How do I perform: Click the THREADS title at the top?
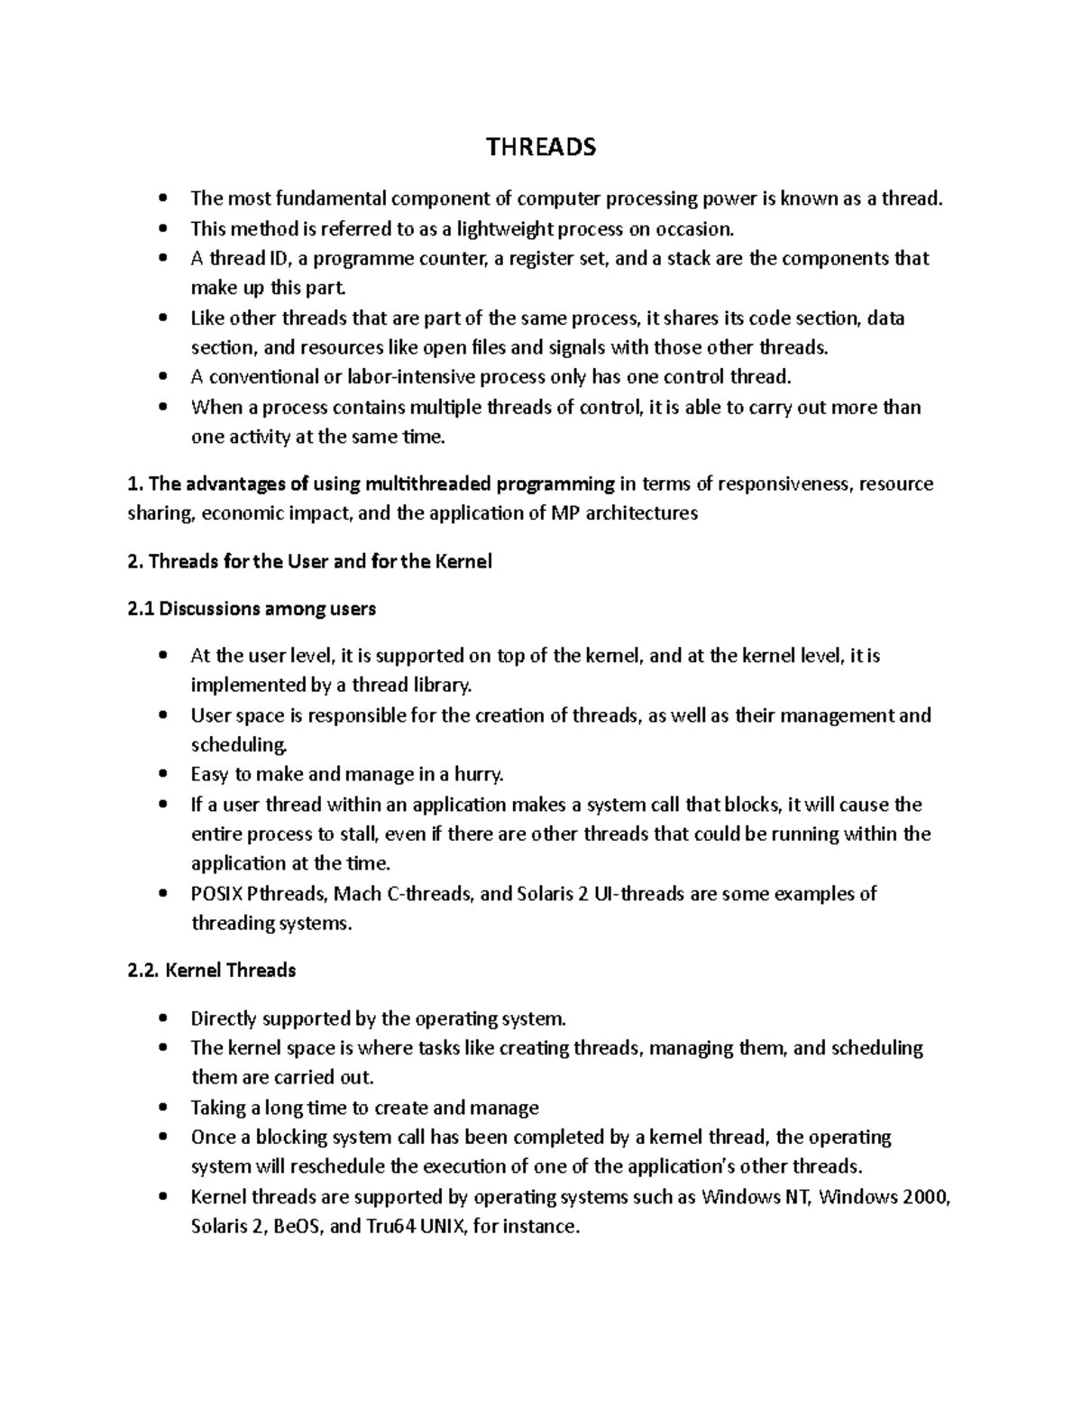[x=541, y=147]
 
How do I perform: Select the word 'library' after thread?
[x=442, y=686]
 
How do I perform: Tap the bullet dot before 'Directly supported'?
[x=162, y=1019]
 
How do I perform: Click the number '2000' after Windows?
[x=919, y=1197]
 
